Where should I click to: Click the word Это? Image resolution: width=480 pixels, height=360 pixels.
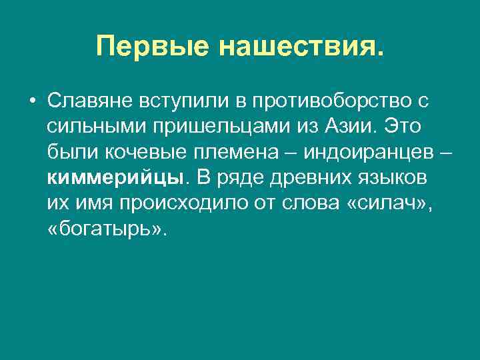point(404,126)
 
